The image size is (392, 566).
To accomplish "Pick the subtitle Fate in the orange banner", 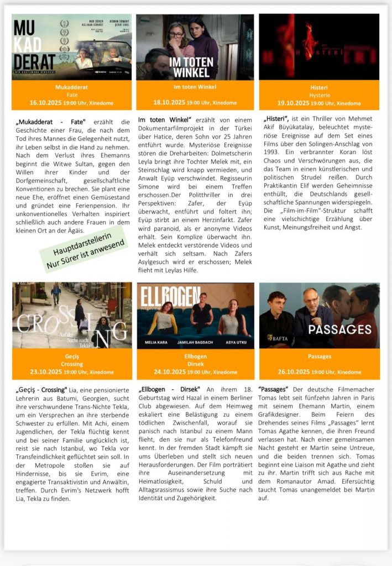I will coord(72,95).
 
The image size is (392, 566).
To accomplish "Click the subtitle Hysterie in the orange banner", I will coord(319,95).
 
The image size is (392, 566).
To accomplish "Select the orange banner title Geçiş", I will coord(72,357).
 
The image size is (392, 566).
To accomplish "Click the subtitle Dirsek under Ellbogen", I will coord(195,364).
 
